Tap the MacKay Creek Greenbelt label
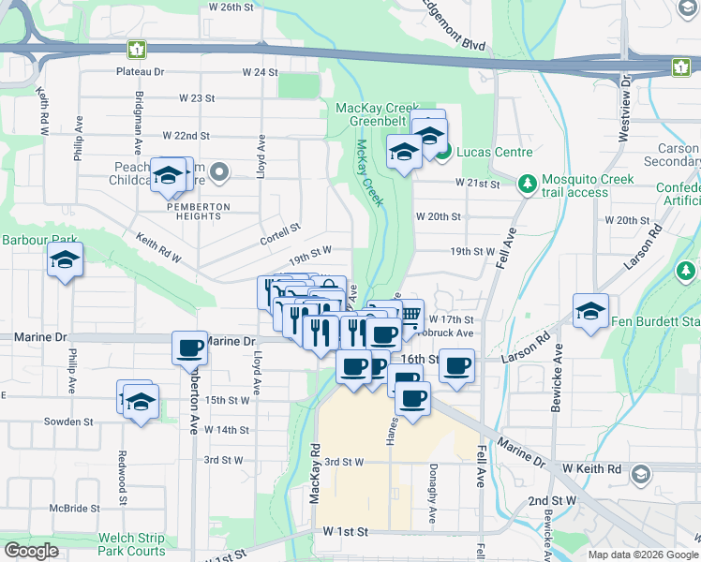(375, 115)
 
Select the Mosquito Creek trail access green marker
(529, 181)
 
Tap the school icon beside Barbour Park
(65, 261)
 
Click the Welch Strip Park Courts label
(131, 544)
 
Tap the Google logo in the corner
(31, 551)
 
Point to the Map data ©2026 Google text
(642, 555)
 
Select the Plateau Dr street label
(140, 71)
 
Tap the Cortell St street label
(280, 229)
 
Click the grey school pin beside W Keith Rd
(640, 474)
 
